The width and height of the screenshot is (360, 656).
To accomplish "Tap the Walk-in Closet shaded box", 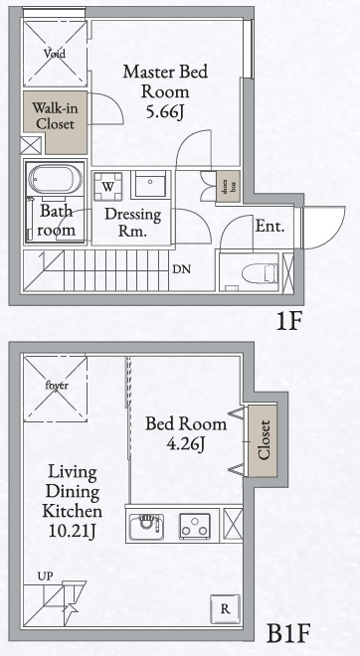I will click(55, 116).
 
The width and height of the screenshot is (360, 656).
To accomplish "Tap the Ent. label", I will click(270, 227).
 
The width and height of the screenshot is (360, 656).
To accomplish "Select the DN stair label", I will click(181, 269).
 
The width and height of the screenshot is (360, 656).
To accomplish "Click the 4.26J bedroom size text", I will click(186, 444).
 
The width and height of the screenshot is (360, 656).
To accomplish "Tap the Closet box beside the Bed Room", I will click(264, 440).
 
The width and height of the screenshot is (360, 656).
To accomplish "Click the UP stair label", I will click(45, 575).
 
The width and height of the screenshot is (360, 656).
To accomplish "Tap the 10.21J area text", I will click(72, 532).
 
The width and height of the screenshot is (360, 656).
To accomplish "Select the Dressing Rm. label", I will click(126, 222).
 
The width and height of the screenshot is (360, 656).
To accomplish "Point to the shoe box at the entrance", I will click(228, 188).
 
